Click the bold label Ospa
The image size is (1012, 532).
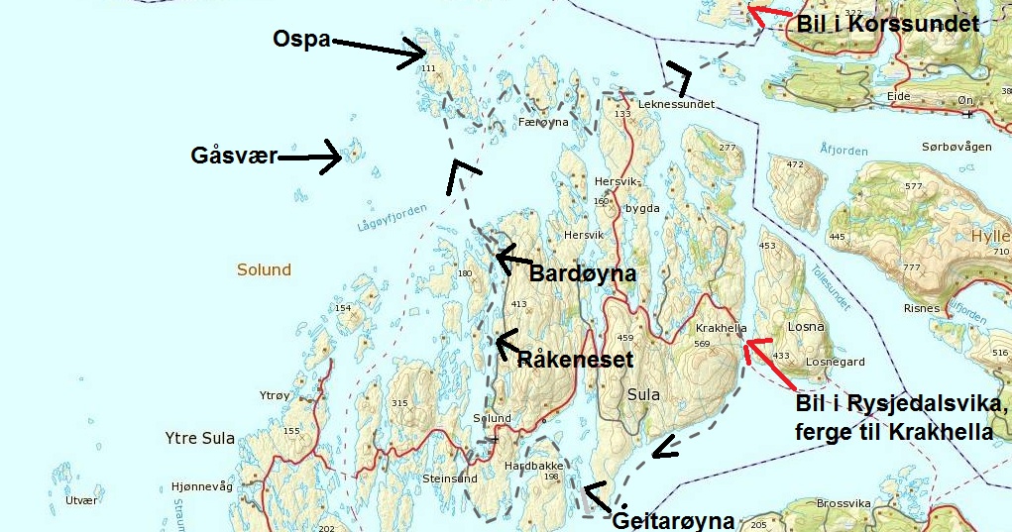303,39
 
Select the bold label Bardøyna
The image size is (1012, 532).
582,273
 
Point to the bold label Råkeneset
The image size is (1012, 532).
575,360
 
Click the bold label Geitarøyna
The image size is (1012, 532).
674,520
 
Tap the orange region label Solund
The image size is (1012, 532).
264,269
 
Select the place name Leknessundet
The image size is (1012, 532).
676,104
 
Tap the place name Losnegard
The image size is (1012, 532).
837,363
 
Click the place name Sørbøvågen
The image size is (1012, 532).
956,147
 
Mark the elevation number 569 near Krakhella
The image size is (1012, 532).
702,344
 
